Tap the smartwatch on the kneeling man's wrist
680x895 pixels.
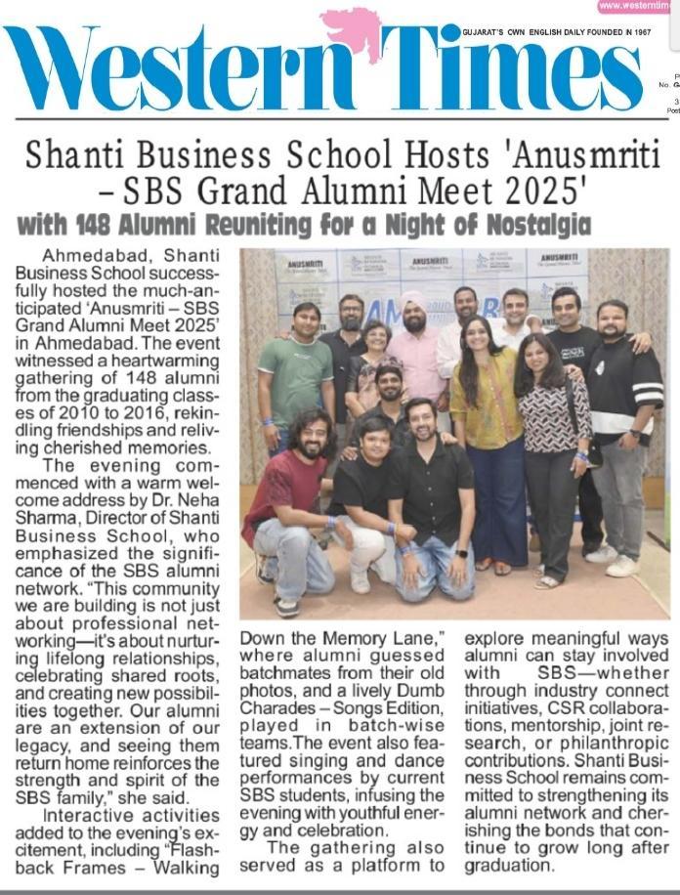click(x=460, y=553)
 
